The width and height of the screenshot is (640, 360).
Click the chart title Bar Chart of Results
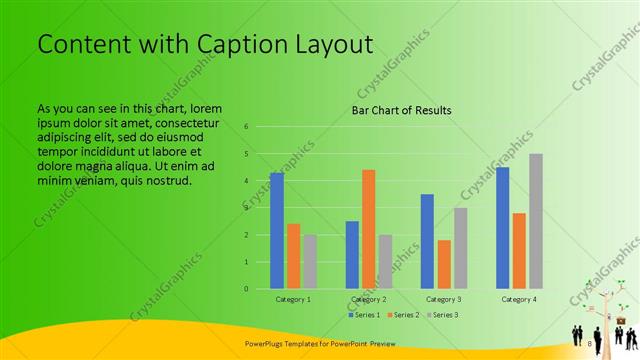click(x=401, y=110)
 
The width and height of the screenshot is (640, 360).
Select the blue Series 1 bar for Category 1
click(x=277, y=231)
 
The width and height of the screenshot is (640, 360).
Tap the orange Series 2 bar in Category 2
click(x=368, y=229)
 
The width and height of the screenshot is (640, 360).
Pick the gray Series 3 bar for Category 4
click(x=535, y=221)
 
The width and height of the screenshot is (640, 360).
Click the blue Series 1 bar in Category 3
click(x=427, y=241)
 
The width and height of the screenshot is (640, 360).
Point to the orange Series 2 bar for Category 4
click(x=518, y=251)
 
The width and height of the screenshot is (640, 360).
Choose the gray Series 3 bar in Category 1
click(x=310, y=262)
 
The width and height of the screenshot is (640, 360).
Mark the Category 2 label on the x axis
click(x=368, y=299)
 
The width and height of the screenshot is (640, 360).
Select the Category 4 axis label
click(x=518, y=299)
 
